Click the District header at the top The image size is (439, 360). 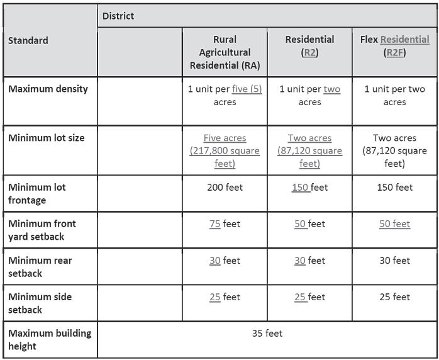118,16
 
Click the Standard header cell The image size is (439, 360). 28,40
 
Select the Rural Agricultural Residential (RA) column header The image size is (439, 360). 225,52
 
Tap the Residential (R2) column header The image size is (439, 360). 309,46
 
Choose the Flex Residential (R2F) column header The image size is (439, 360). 394,46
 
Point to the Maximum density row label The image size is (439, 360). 48,89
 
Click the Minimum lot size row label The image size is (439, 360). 46,138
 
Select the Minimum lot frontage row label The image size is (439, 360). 37,193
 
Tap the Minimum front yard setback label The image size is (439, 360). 42,230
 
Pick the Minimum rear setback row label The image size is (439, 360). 40,266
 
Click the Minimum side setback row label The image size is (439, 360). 40,303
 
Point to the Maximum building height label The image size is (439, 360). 50,339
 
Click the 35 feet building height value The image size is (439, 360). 267,333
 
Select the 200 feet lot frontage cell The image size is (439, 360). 225,187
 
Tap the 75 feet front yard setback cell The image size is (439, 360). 225,223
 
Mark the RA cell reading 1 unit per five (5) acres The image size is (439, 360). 225,95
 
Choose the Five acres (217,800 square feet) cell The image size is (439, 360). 225,150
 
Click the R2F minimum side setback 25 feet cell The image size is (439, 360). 394,296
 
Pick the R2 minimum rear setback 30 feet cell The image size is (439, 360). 309,260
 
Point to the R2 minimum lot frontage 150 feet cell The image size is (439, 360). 309,187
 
